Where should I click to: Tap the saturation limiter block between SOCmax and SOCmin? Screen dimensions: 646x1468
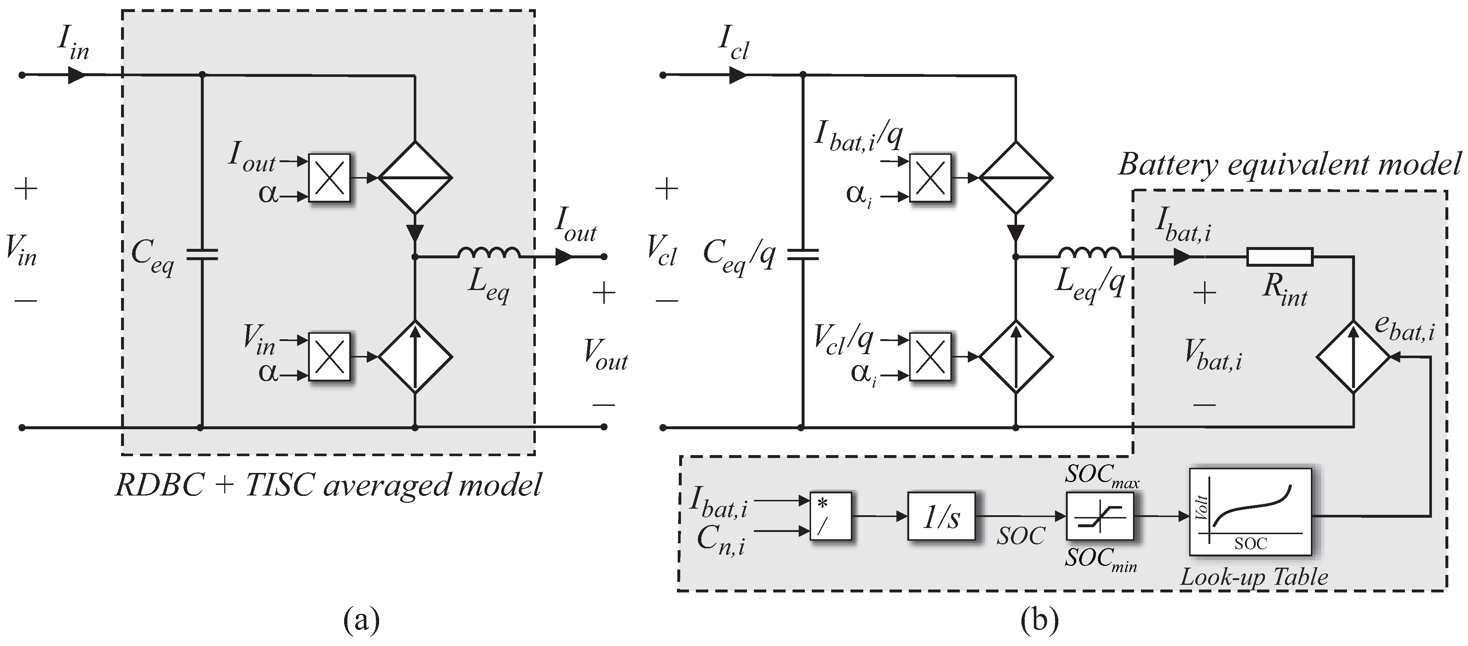(1100, 516)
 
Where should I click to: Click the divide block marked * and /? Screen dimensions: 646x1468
(830, 516)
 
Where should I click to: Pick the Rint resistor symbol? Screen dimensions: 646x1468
(1280, 257)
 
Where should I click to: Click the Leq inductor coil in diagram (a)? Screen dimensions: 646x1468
(488, 254)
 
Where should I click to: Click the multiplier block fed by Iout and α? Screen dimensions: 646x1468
(329, 177)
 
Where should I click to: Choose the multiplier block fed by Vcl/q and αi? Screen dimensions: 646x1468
(930, 357)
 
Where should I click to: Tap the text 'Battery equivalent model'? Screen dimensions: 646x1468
(1289, 165)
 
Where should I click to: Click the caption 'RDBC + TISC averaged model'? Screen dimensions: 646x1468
(328, 485)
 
